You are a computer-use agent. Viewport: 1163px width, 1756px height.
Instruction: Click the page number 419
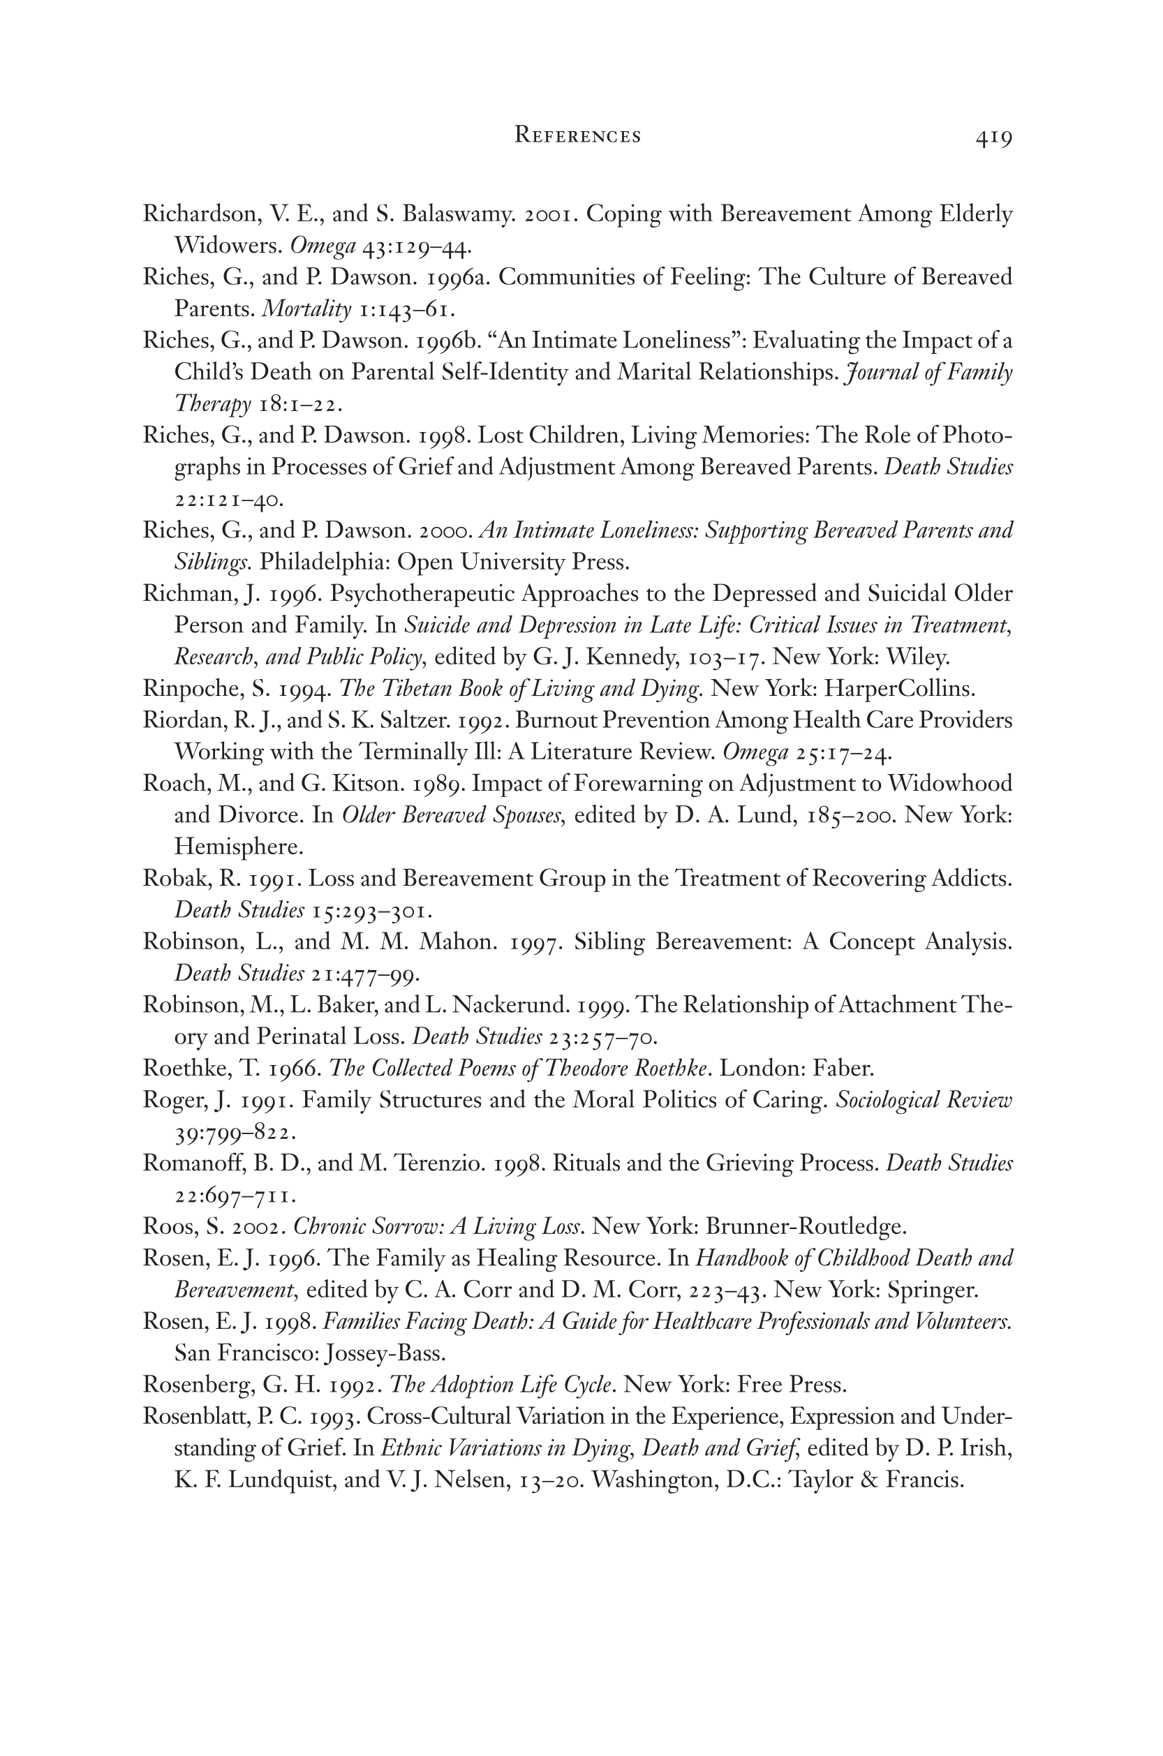click(993, 138)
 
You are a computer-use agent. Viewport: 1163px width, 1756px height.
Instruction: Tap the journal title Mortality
click(307, 308)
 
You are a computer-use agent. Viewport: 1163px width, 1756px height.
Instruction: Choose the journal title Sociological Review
click(924, 1100)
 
